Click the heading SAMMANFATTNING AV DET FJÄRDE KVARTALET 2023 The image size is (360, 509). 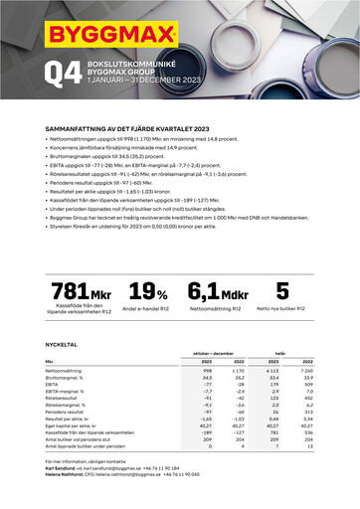(x=128, y=129)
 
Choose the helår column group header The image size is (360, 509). (x=280, y=353)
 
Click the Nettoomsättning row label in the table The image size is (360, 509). (x=65, y=371)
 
